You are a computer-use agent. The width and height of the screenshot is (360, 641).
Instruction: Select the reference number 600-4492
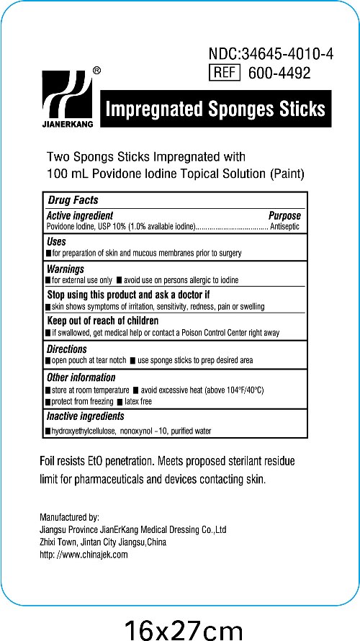click(x=279, y=73)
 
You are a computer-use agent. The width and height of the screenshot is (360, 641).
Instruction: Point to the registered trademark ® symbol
click(x=97, y=71)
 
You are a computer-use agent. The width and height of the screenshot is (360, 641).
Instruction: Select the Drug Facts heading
click(x=73, y=200)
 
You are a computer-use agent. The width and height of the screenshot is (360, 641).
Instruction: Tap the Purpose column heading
click(x=284, y=215)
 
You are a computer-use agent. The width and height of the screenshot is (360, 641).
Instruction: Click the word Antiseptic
click(x=284, y=226)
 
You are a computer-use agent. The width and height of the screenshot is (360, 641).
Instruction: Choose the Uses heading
click(x=57, y=242)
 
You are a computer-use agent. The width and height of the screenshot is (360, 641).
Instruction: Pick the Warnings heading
click(x=66, y=269)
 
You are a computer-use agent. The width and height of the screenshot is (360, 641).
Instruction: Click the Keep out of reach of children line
click(x=102, y=320)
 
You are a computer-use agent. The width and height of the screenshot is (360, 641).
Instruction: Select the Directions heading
click(x=67, y=349)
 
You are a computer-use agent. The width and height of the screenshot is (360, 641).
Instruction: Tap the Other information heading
click(x=81, y=377)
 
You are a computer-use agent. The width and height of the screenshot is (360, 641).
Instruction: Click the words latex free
click(x=138, y=401)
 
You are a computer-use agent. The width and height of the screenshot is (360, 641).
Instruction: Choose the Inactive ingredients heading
click(x=85, y=416)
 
